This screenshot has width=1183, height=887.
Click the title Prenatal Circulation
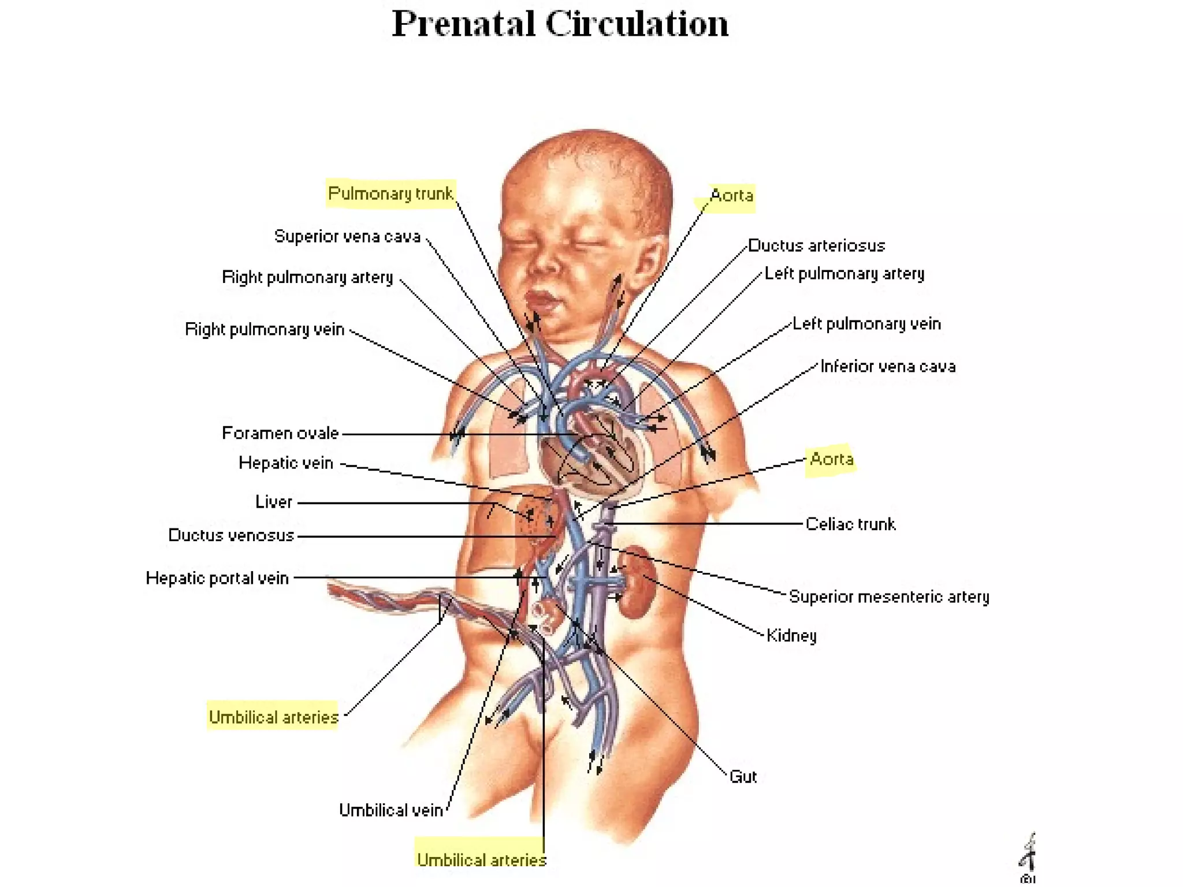point(560,24)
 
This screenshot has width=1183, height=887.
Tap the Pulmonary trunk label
point(390,193)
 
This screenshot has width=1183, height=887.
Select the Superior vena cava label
point(347,236)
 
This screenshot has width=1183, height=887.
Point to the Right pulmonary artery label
point(307,277)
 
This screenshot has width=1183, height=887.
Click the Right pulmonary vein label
point(265,329)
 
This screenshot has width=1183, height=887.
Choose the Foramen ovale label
point(280,433)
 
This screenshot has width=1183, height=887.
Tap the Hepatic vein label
point(286,463)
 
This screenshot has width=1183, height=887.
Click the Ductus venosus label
point(231,535)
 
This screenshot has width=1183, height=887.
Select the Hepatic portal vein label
point(217,578)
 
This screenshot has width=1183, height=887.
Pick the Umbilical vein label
point(391,810)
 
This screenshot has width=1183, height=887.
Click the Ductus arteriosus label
point(816,245)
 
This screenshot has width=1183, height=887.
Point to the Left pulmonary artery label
point(844,274)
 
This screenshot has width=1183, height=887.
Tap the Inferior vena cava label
point(888,366)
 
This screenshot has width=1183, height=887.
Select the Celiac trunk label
point(850,524)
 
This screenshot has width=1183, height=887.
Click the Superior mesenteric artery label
point(889,597)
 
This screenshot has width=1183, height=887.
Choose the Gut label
point(743,777)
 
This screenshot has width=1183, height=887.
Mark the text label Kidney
point(791,636)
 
